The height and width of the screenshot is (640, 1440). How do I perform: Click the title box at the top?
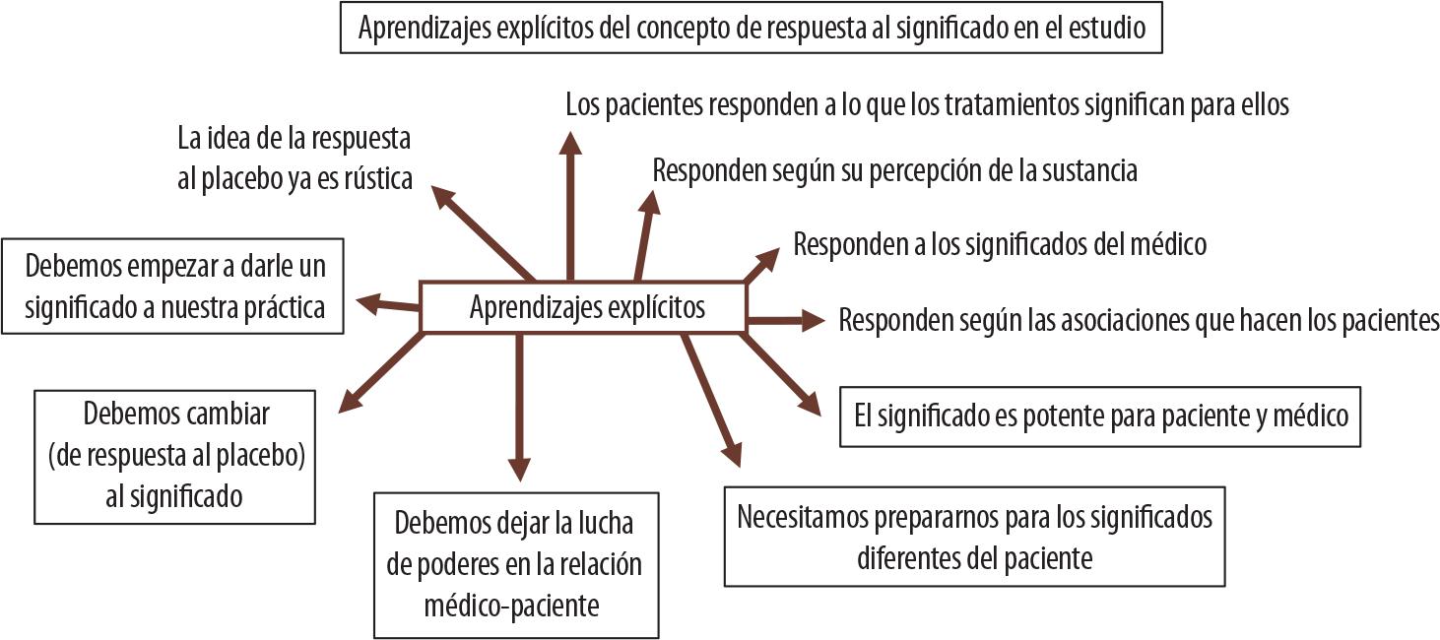752,28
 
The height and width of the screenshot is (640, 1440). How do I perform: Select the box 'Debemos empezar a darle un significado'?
174,287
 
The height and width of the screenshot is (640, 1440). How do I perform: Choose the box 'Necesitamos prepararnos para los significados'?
974,536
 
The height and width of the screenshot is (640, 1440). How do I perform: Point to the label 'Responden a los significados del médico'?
1000,243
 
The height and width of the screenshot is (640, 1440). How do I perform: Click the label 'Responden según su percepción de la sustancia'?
894,170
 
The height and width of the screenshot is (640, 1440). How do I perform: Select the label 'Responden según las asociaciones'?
1139,320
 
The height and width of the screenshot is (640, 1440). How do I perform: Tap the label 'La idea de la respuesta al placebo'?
295,157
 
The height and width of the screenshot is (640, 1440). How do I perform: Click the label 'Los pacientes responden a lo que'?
927,103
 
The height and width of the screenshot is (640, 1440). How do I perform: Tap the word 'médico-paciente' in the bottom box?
511,606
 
